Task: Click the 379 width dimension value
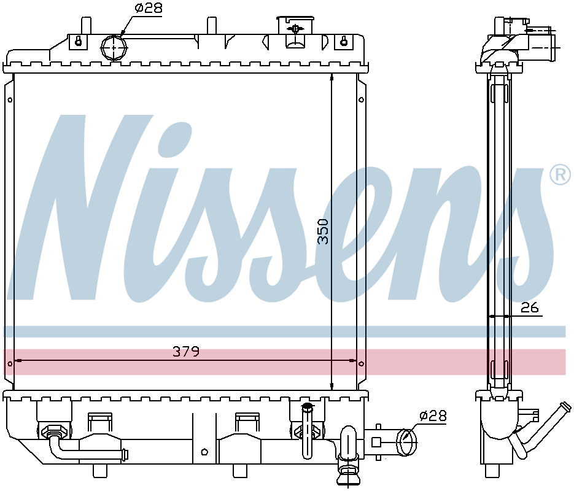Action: coord(186,352)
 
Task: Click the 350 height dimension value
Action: coord(324,231)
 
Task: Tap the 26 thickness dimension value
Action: coord(530,307)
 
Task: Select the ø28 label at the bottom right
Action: coord(433,416)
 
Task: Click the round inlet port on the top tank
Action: coord(114,48)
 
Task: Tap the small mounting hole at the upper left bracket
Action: coord(10,100)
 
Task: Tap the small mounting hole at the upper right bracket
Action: coord(362,100)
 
